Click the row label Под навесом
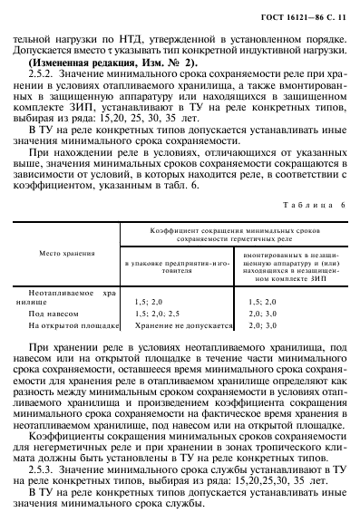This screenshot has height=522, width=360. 50,311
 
